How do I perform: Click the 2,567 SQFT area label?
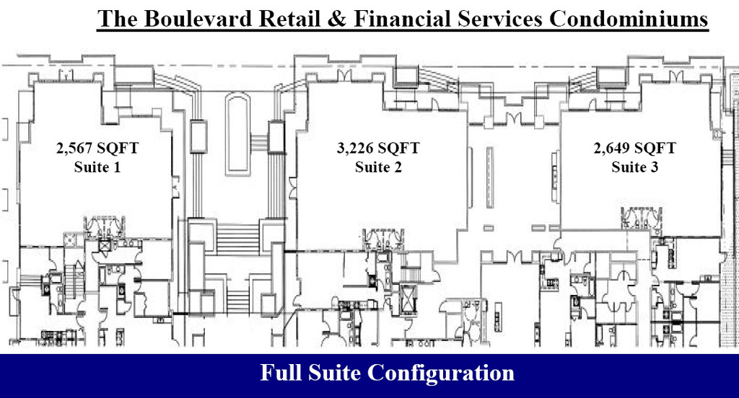click(97, 149)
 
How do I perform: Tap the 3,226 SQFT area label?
click(378, 149)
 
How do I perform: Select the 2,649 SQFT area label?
click(635, 149)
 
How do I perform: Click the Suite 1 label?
click(97, 167)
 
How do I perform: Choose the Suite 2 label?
click(378, 167)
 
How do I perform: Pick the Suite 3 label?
click(635, 167)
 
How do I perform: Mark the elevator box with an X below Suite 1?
click(103, 246)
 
